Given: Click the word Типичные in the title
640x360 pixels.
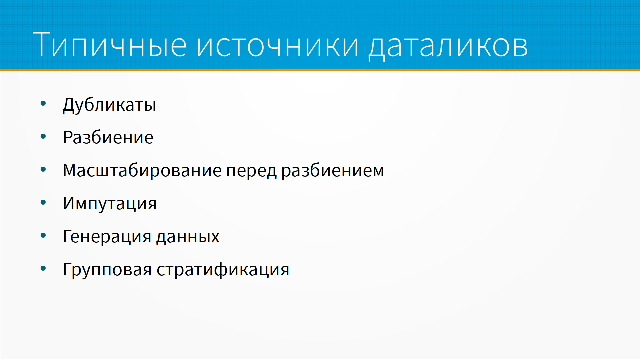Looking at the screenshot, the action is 110,45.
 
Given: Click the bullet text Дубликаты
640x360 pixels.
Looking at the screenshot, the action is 109,105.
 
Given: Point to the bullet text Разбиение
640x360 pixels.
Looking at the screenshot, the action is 108,137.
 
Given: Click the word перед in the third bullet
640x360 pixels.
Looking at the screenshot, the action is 252,171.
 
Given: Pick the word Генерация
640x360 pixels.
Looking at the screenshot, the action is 107,237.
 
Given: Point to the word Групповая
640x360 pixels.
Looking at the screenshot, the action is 107,270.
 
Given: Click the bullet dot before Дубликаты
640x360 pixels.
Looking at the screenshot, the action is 43,103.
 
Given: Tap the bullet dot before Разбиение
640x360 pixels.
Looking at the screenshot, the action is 43,136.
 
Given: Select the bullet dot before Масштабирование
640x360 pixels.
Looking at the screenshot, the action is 43,169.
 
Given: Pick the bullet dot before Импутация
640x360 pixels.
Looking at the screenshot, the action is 43,202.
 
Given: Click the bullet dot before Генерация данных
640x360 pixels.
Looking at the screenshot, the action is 43,236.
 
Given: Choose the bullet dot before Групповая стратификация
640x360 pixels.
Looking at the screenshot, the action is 43,269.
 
